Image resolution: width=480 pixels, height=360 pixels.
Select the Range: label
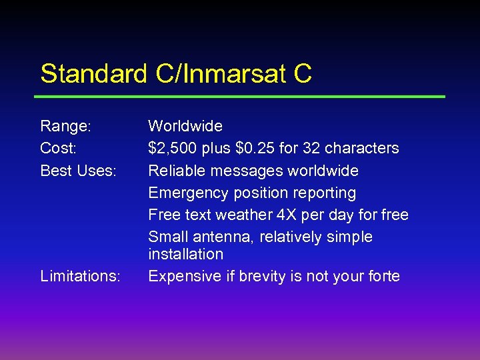[x=65, y=126]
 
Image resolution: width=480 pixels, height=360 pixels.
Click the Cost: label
[x=59, y=148]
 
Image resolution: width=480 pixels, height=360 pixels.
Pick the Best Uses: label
[x=78, y=171]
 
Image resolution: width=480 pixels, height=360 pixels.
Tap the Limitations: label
[x=80, y=276]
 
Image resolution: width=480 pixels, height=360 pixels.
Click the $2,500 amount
[x=171, y=148]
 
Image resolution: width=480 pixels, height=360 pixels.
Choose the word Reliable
[x=175, y=171]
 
